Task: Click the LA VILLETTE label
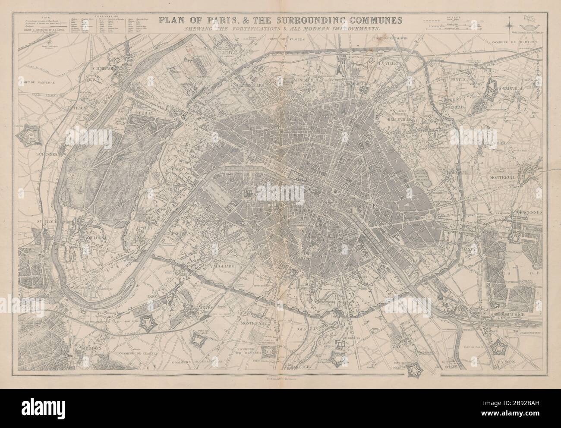[x=391, y=63]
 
